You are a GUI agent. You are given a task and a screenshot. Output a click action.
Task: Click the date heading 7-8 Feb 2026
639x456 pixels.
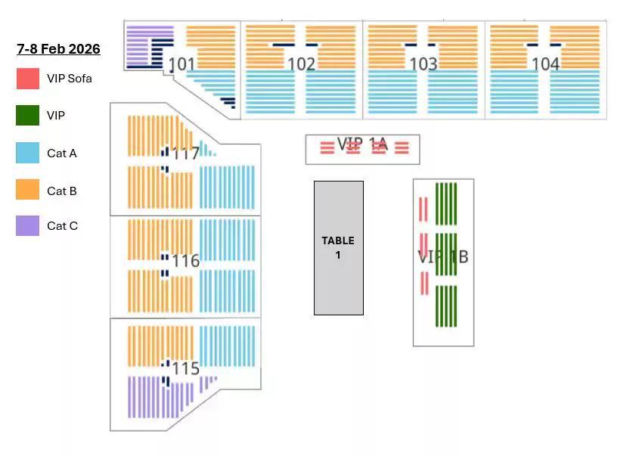point(58,49)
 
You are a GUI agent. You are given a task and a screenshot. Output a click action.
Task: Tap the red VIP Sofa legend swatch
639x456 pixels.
point(28,78)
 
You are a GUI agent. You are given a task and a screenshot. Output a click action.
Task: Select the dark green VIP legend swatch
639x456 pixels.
point(28,116)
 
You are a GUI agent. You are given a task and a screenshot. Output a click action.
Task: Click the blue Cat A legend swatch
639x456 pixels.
point(28,153)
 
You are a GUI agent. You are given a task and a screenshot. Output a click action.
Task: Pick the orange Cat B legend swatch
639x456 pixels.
point(28,190)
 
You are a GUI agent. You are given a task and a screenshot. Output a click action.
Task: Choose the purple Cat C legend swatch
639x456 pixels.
point(28,226)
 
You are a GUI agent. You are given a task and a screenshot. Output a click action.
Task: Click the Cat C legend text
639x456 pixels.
point(62,226)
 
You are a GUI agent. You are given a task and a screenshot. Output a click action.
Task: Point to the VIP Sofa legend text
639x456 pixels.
point(70,78)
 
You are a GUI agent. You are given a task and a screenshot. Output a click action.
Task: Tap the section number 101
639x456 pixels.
point(181,64)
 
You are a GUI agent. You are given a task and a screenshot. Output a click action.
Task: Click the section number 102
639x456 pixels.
point(301,64)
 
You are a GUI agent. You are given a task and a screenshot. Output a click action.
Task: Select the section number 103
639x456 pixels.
point(423,64)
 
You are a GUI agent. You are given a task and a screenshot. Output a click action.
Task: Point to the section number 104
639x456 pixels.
point(545,64)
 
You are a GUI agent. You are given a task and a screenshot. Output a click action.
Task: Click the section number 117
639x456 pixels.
point(186,154)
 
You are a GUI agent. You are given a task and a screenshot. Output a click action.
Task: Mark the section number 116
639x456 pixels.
point(186,261)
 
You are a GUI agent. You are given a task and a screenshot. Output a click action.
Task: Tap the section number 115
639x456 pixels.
point(186,368)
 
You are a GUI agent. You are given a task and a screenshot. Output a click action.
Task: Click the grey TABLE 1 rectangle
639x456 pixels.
point(339,248)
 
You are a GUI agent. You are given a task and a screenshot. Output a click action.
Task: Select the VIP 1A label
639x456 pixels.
point(362,144)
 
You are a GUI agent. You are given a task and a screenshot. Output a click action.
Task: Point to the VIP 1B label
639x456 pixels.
point(443,256)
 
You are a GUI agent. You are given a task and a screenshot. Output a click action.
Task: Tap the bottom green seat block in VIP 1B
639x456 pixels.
point(446,306)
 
